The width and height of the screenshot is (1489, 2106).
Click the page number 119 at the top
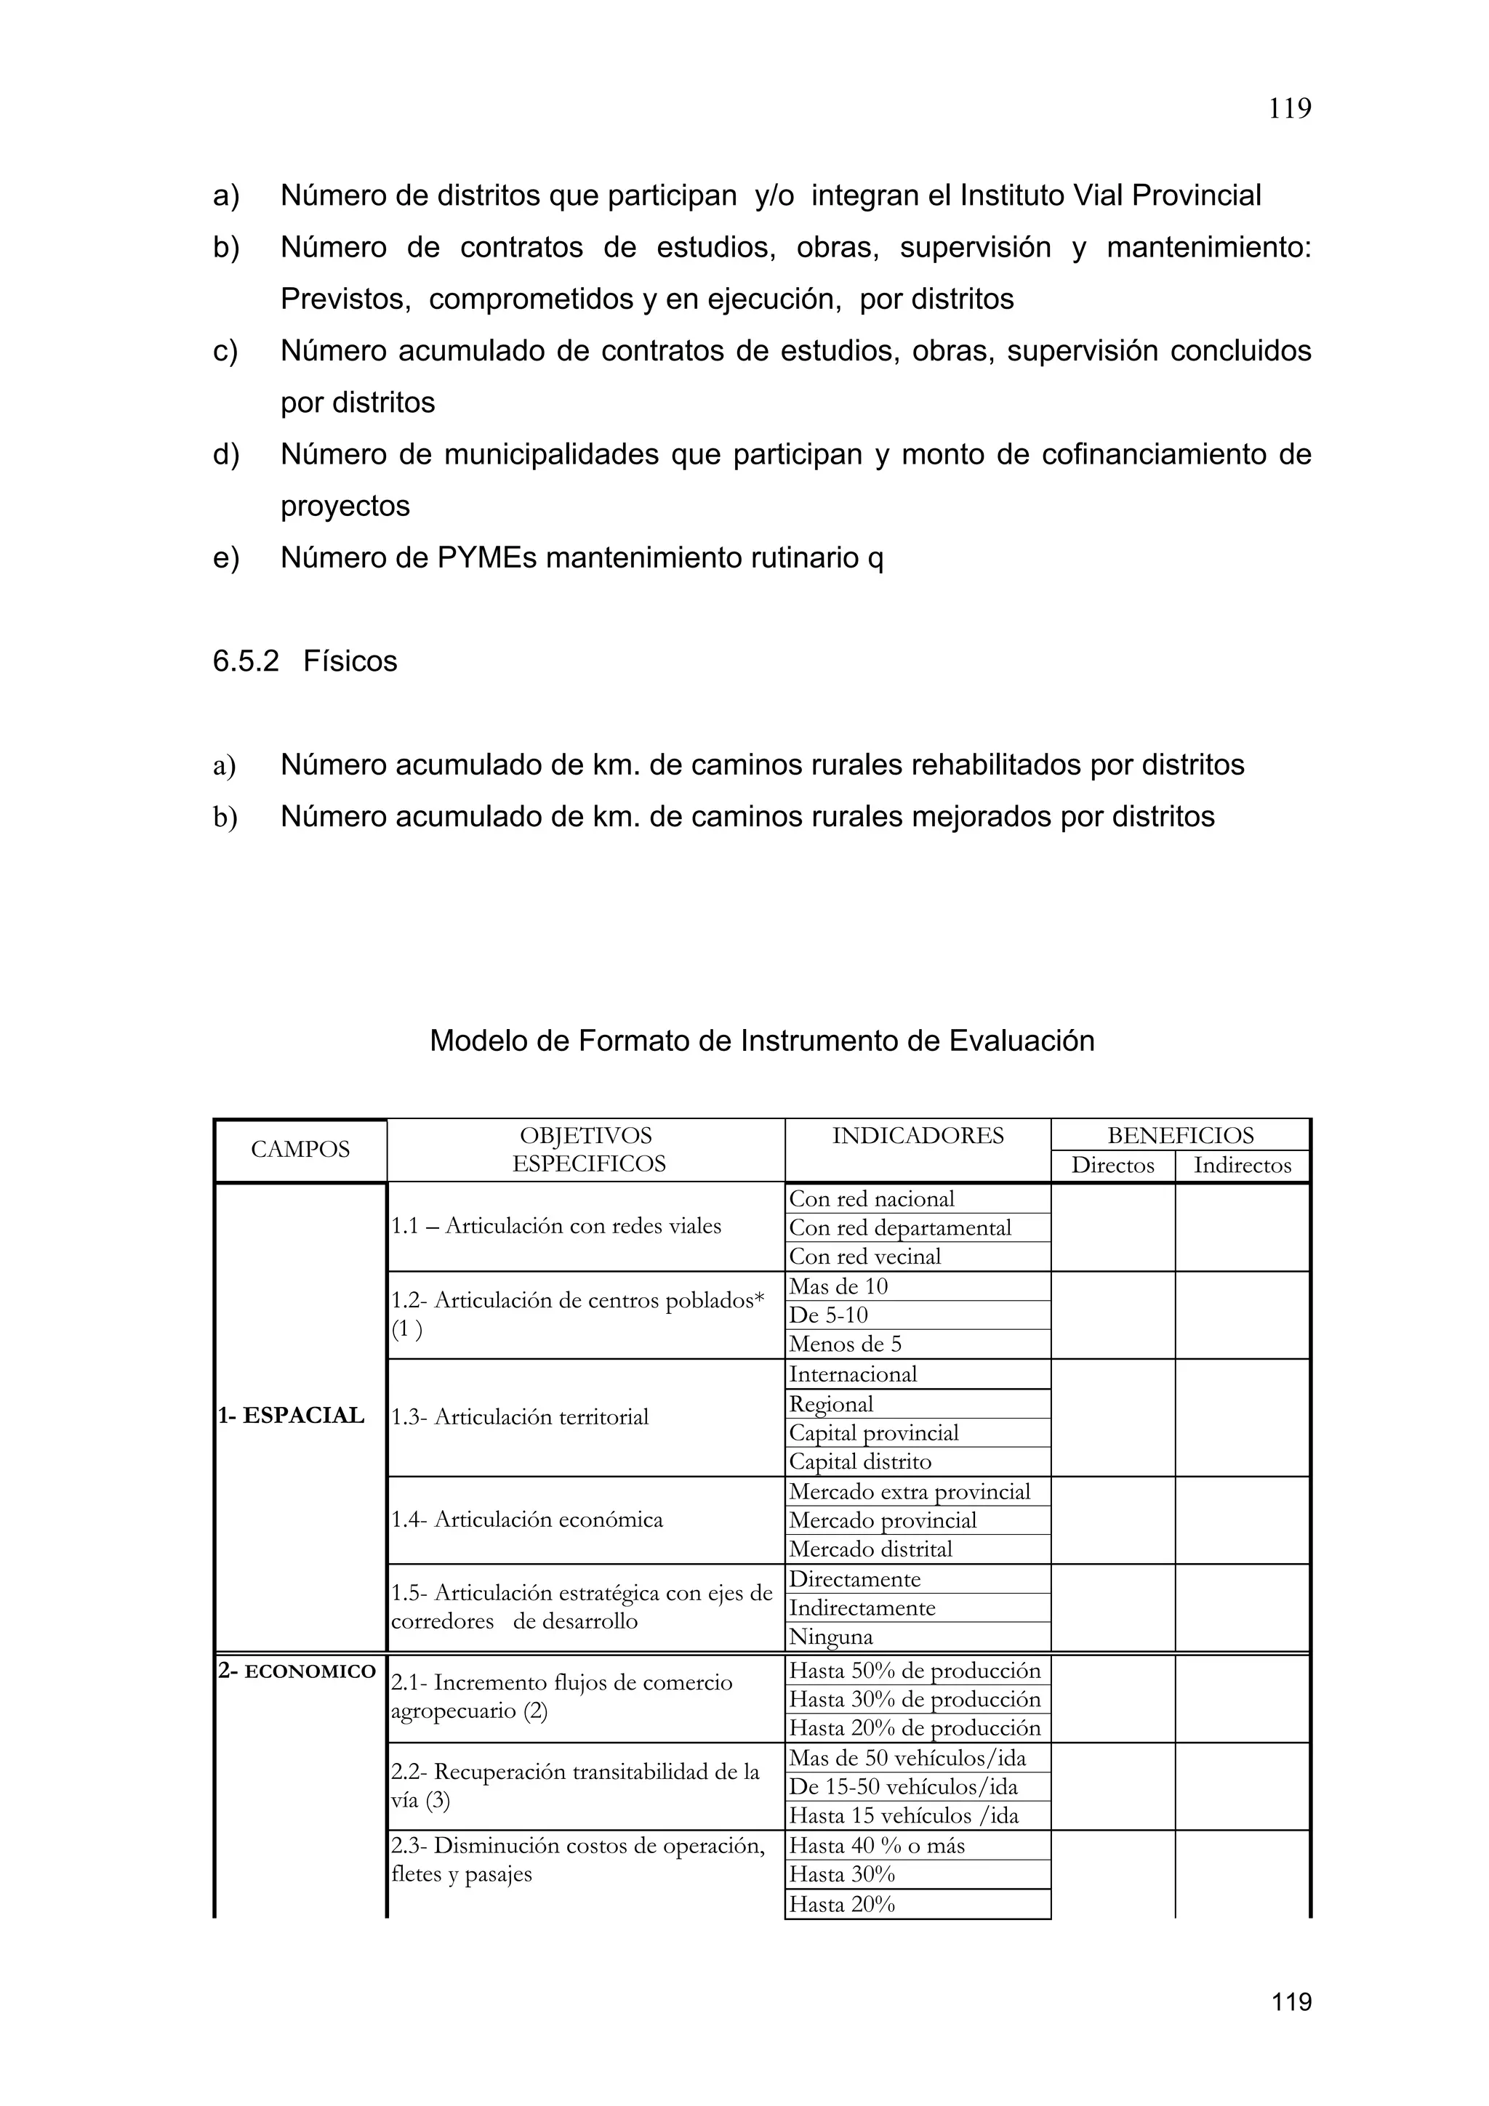point(1289,109)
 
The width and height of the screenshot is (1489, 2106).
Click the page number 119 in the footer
point(1291,2001)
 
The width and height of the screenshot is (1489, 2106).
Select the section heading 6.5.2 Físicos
point(305,661)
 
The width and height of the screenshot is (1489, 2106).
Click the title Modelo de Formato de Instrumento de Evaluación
point(761,1041)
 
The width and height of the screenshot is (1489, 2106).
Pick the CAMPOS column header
point(300,1150)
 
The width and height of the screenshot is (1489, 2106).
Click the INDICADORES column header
point(918,1136)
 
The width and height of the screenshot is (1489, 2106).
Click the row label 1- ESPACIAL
point(291,1416)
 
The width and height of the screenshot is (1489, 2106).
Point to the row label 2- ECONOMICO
point(297,1671)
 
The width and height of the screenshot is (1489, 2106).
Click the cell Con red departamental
point(899,1228)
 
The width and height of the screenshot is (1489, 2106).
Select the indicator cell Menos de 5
point(845,1344)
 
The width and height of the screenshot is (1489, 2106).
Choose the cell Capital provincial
point(873,1433)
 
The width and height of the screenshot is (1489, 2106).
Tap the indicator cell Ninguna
point(830,1637)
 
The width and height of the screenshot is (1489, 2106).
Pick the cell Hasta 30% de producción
point(915,1699)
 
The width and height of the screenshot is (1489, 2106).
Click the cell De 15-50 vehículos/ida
point(903,1787)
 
